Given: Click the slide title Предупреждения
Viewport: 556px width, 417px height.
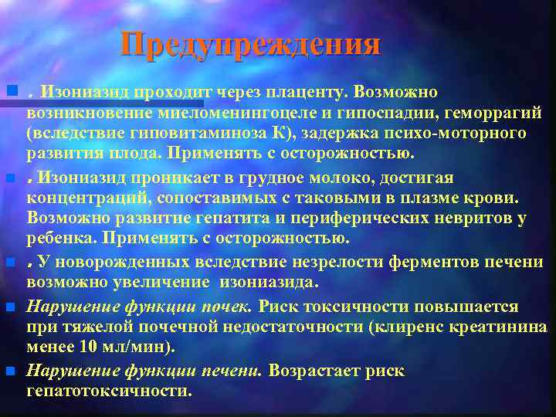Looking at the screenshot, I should click(x=250, y=45).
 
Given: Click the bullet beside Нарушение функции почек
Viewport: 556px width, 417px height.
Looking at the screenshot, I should click(x=10, y=307).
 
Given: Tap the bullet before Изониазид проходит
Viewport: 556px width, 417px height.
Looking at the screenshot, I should click(x=10, y=92).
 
